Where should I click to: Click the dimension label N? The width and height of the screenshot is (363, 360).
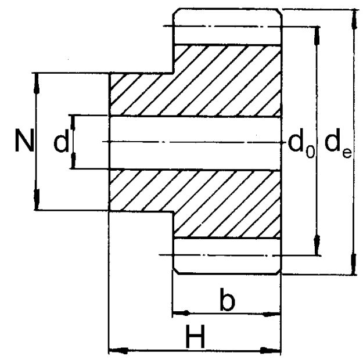(24, 141)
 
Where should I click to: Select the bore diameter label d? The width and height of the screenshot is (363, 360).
(61, 141)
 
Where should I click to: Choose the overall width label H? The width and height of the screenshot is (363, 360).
(196, 336)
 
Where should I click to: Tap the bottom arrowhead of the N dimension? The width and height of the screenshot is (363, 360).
(37, 199)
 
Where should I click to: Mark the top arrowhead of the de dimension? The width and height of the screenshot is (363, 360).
(354, 19)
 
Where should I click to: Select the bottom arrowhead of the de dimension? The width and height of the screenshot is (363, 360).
(353, 264)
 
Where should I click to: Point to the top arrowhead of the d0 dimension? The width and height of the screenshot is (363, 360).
(316, 36)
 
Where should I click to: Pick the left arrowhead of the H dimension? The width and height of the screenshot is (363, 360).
(118, 351)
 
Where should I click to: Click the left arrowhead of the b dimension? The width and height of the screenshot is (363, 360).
(181, 313)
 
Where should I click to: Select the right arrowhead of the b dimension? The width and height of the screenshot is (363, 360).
(271, 314)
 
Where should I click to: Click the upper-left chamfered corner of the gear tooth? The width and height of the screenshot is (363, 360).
(175, 12)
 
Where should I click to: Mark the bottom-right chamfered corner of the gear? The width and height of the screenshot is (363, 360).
(279, 272)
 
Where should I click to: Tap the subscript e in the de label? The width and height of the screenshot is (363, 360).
(347, 153)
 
